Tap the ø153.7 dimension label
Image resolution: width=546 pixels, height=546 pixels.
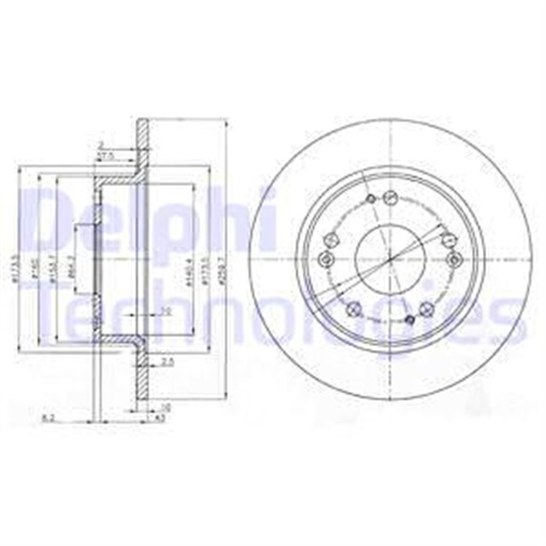[54, 267]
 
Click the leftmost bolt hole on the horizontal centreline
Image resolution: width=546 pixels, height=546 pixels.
[323, 259]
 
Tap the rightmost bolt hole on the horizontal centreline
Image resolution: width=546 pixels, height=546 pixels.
[452, 258]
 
